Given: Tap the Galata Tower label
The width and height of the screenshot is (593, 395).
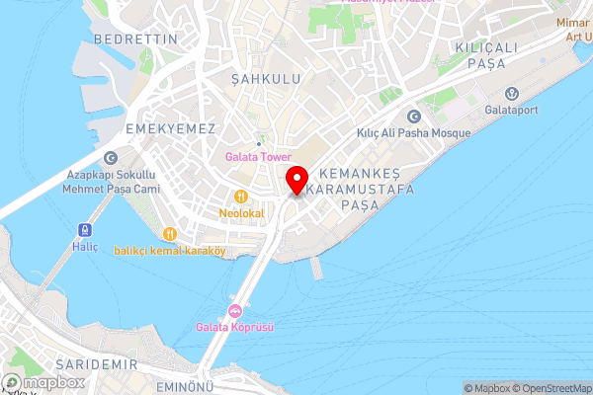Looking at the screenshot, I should pyautogui.click(x=257, y=157).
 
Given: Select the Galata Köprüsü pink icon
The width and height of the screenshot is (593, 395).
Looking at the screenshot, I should pyautogui.click(x=235, y=312).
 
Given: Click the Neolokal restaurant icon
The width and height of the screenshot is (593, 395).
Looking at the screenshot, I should pyautogui.click(x=240, y=196).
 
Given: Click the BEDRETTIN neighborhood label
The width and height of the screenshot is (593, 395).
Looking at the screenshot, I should pyautogui.click(x=135, y=39).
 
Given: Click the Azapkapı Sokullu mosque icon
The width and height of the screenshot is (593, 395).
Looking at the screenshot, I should pyautogui.click(x=110, y=158).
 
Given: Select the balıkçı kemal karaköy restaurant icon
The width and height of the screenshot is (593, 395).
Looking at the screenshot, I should pyautogui.click(x=170, y=233).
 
